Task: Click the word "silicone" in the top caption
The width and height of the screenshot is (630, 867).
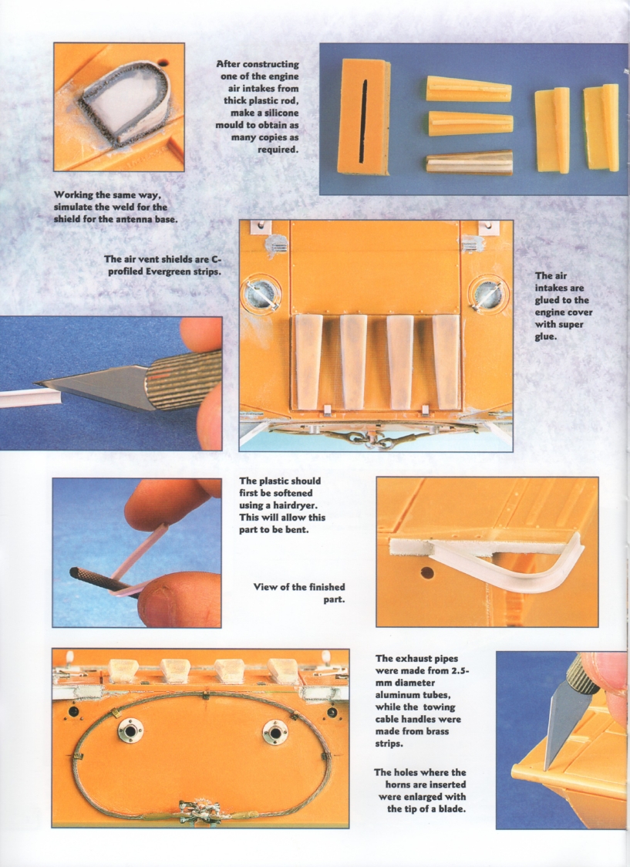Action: tap(280, 113)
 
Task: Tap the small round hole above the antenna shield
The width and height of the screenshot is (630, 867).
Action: tap(162, 63)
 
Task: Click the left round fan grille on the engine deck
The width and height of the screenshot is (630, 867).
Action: tap(261, 294)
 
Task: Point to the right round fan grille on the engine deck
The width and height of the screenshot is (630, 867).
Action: tap(488, 293)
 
